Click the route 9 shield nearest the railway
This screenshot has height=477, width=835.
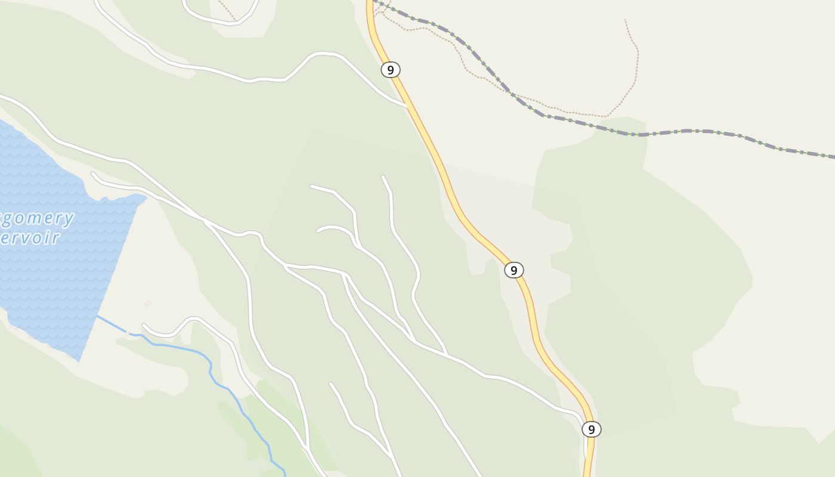390,70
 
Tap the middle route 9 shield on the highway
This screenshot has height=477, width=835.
514,270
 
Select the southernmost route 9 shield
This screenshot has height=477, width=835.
591,429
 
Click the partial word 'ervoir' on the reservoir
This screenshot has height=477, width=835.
30,238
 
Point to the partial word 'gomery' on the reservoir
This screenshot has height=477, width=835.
36,218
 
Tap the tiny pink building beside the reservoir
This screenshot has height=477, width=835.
148,303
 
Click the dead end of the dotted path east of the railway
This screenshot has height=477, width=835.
625,20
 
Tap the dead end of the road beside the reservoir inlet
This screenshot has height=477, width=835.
92,174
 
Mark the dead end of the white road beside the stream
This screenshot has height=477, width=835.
143,326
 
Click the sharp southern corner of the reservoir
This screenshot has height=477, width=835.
79,360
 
